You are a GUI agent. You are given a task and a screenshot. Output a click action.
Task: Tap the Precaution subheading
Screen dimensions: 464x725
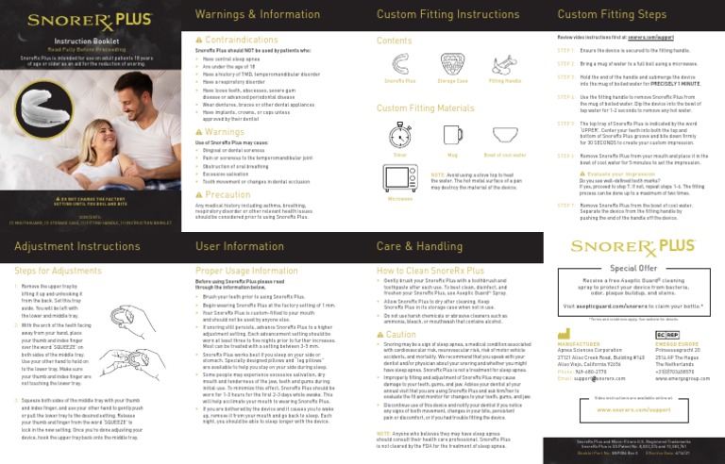(224, 194)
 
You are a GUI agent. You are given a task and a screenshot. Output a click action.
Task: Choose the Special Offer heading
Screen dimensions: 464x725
(633, 267)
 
